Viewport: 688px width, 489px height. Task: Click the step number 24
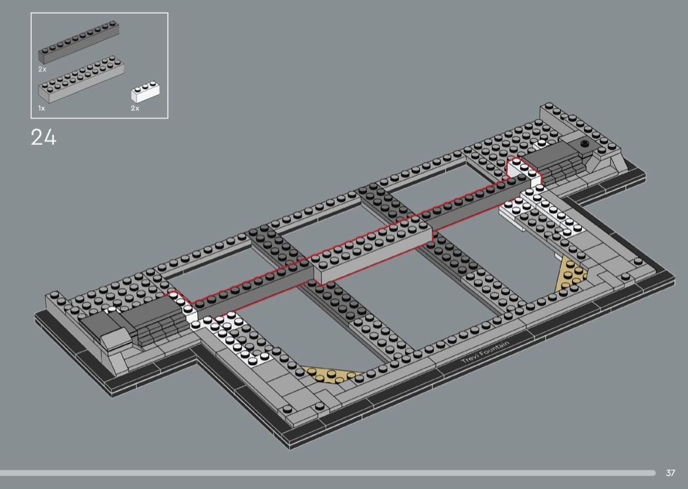(43, 137)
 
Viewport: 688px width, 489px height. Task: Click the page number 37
(670, 473)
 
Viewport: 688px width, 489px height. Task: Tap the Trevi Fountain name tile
(486, 351)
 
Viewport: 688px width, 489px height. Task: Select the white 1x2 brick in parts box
(145, 92)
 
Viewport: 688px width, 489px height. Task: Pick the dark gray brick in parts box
(79, 43)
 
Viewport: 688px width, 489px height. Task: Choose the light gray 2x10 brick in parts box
(81, 79)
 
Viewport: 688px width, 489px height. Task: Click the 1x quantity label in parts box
(41, 108)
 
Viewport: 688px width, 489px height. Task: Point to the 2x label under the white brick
(135, 108)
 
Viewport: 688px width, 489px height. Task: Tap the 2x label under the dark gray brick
(42, 69)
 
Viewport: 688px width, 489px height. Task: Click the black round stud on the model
(584, 143)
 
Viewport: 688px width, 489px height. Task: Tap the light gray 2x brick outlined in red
(373, 252)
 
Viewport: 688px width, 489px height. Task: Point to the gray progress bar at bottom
(328, 473)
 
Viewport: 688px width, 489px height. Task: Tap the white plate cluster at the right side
(543, 210)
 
